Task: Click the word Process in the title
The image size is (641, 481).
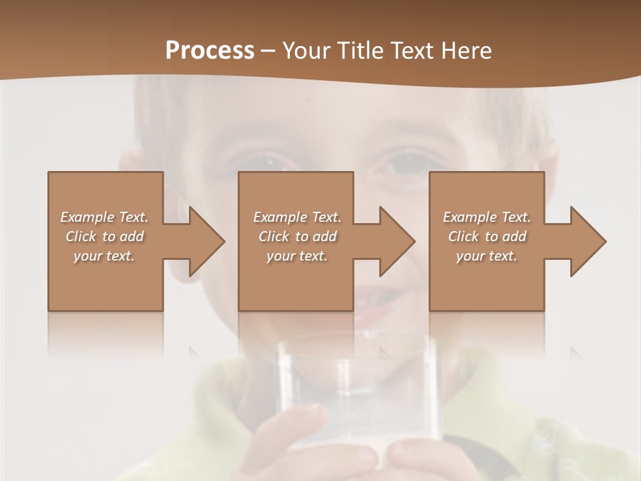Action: [210, 51]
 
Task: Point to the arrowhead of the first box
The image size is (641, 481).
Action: [206, 241]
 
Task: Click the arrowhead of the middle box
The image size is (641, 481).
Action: [397, 241]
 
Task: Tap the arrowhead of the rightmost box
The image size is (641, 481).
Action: [588, 241]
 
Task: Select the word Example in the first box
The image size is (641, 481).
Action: [87, 217]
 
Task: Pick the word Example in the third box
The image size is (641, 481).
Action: [470, 217]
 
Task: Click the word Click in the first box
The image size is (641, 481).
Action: [81, 236]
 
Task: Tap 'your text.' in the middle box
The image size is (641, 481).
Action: [297, 256]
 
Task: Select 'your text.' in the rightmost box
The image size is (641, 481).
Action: [487, 256]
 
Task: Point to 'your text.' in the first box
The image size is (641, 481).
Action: [104, 256]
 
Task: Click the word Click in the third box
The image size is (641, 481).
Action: [463, 236]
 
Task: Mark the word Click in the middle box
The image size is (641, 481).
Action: [274, 236]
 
